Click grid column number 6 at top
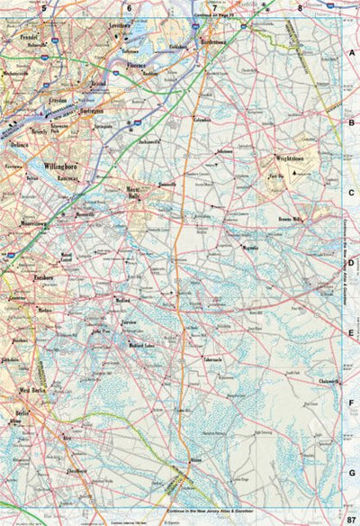pyautogui.click(x=130, y=8)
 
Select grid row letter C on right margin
pyautogui.click(x=353, y=193)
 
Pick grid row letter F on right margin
pyautogui.click(x=353, y=403)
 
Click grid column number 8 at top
pyautogui.click(x=300, y=8)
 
